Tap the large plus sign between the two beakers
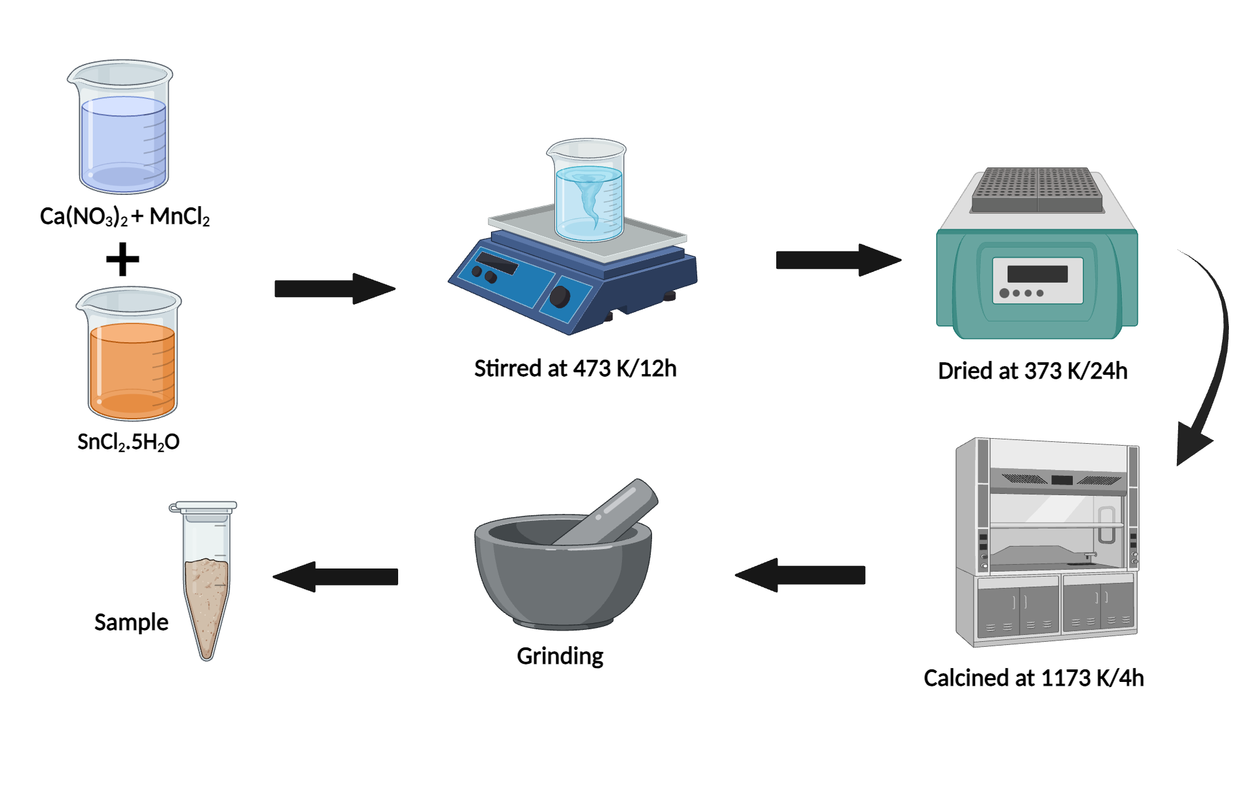(122, 259)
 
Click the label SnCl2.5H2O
(128, 442)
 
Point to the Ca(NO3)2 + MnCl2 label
(125, 216)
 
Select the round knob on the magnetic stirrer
(559, 296)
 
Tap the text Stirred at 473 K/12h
(575, 369)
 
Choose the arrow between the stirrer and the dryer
(838, 259)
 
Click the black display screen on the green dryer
(1037, 274)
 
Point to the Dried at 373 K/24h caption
(1033, 371)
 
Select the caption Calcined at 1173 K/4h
(1033, 678)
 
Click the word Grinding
(560, 656)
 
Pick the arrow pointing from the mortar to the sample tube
(336, 577)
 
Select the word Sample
(131, 622)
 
